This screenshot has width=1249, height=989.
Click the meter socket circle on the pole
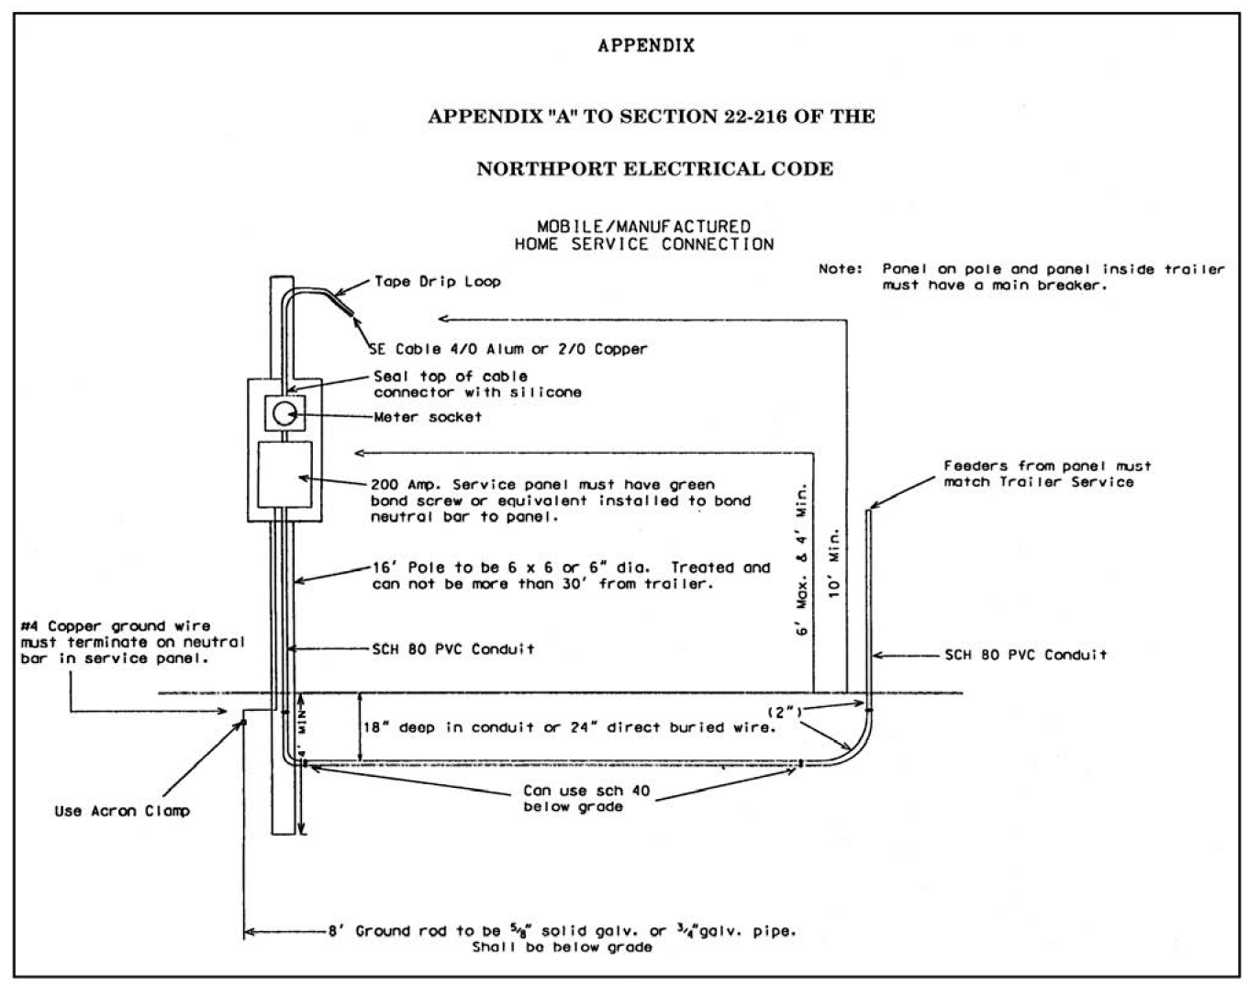(284, 413)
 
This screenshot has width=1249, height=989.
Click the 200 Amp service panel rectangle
(284, 473)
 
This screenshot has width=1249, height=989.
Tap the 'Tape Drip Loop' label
(437, 282)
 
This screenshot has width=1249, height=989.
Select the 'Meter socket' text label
(427, 417)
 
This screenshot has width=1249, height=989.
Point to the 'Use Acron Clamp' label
(122, 811)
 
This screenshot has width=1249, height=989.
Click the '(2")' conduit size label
(785, 712)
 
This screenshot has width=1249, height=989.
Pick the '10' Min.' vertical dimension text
(834, 563)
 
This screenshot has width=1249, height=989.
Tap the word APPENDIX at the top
(646, 46)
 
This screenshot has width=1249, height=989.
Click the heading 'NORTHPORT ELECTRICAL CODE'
(654, 169)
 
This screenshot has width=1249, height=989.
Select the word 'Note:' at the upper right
(840, 269)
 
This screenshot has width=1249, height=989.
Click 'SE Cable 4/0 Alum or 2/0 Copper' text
(507, 349)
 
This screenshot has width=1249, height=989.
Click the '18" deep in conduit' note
(570, 727)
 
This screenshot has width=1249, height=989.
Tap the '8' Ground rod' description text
(562, 931)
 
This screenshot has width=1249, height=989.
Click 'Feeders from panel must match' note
(1047, 474)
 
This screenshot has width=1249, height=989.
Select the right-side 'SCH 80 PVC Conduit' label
(1025, 655)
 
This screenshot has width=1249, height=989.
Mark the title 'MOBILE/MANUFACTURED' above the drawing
(643, 226)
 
